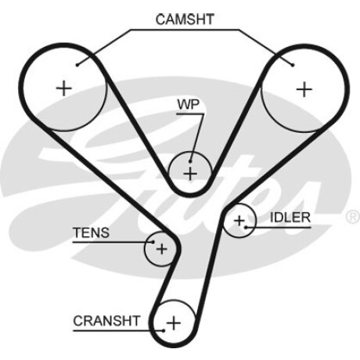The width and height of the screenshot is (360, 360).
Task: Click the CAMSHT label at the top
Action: [185, 20]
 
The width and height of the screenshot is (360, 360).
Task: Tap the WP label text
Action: [188, 104]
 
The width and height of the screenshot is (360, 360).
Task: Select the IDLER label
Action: [290, 218]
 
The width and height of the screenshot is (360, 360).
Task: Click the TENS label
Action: [91, 232]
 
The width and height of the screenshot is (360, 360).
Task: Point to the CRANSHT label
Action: [106, 321]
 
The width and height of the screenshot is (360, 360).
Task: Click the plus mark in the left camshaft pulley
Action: [64, 88]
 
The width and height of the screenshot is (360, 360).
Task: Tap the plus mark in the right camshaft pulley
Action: [304, 89]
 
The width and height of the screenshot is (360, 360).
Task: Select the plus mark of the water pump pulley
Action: [190, 174]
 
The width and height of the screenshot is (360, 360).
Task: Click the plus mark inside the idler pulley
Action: [239, 221]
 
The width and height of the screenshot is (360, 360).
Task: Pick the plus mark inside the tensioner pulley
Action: [161, 249]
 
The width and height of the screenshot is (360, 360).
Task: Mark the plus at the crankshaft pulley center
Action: [174, 323]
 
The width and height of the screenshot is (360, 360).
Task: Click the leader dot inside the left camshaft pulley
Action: [77, 65]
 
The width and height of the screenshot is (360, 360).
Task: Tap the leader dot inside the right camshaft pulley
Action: [293, 65]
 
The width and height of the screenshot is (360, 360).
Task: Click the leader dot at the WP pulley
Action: [190, 161]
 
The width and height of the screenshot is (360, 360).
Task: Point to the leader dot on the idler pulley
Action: [246, 228]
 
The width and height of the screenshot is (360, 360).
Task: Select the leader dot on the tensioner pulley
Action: [153, 242]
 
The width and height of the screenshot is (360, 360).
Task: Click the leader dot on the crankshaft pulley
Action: [164, 331]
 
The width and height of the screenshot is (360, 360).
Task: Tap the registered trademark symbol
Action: [353, 216]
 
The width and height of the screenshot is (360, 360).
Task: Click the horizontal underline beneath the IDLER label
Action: [279, 228]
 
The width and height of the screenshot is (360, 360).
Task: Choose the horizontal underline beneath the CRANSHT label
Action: [118, 331]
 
